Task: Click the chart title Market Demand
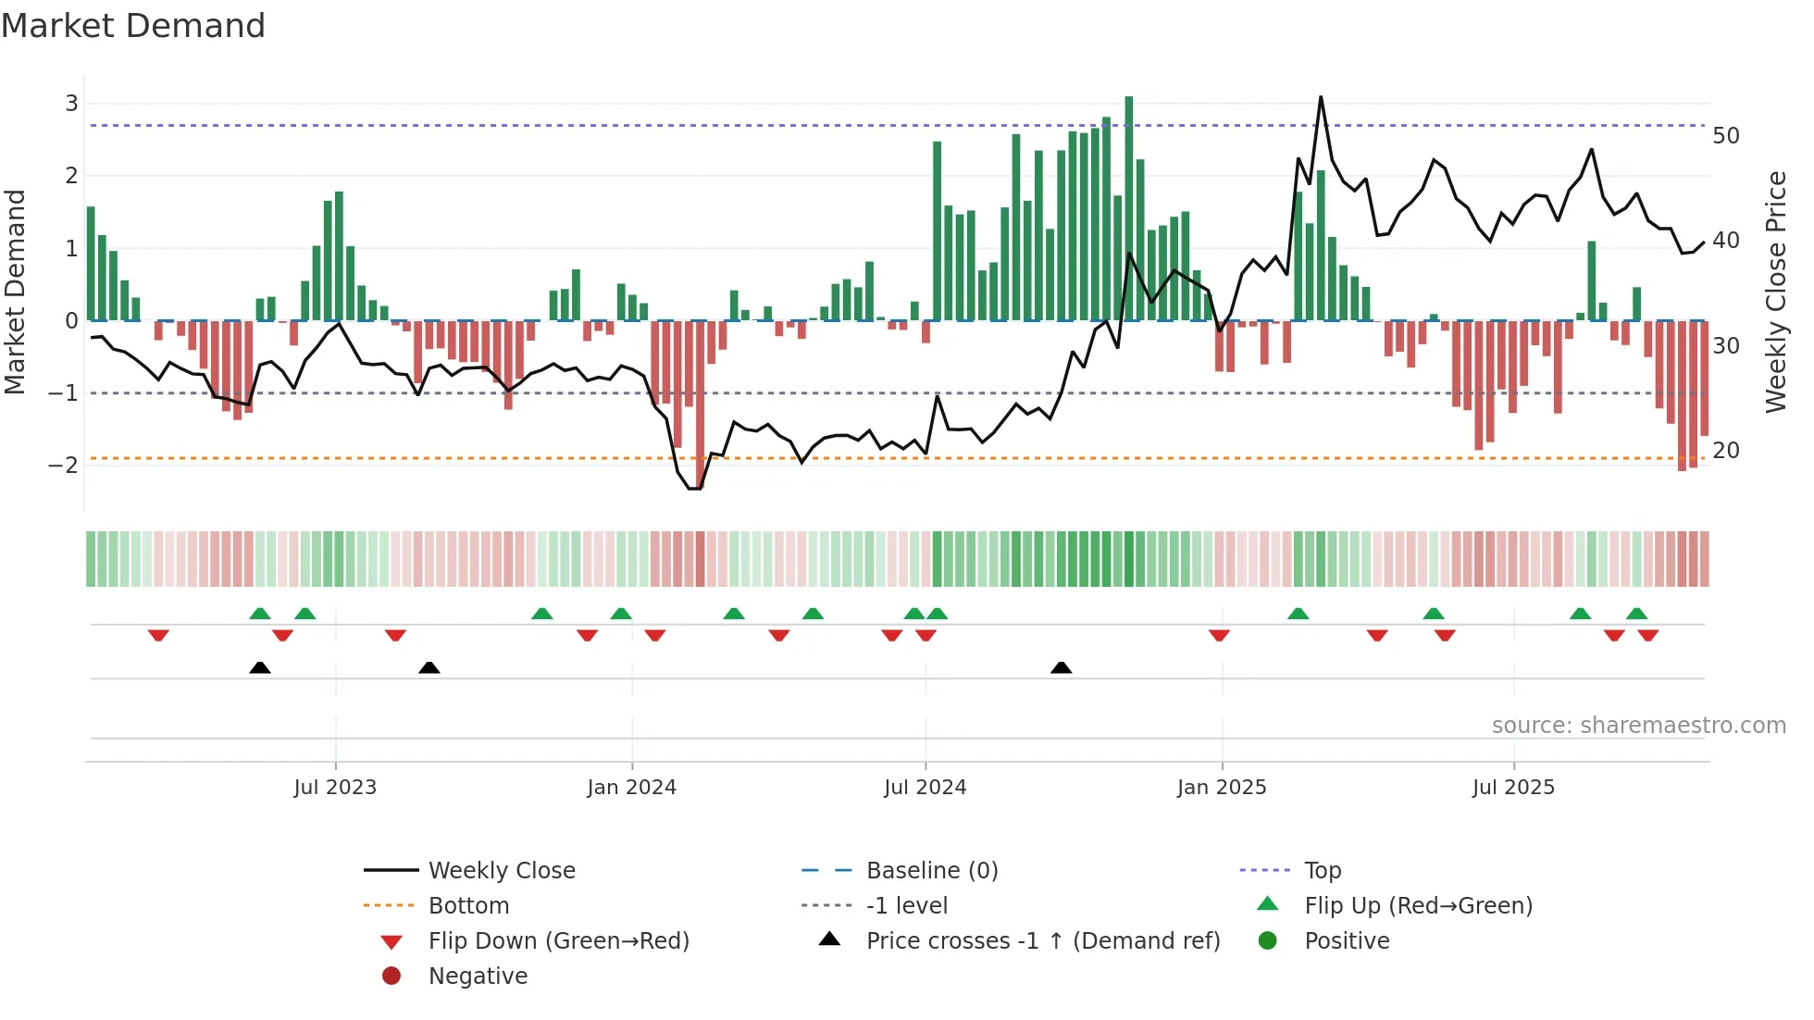(x=133, y=26)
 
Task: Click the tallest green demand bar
(x=1128, y=208)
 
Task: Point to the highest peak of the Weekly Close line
(x=1321, y=97)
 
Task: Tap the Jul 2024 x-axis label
(x=925, y=788)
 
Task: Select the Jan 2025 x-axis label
(x=1222, y=788)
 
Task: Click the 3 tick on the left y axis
(x=71, y=104)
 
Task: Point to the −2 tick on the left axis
(x=64, y=466)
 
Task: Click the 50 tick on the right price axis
(x=1725, y=136)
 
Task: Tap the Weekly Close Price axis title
(x=1775, y=292)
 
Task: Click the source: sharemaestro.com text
(x=1638, y=726)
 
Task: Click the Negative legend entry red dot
(x=391, y=976)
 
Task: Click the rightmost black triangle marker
(x=1062, y=667)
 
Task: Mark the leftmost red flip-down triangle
(x=158, y=635)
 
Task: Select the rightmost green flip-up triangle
(x=1636, y=614)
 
